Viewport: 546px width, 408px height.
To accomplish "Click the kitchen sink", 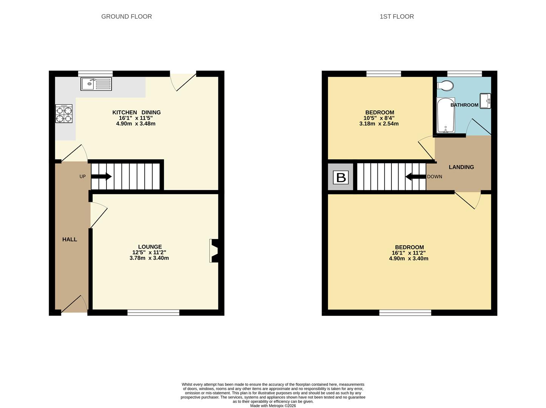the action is click(x=96, y=84).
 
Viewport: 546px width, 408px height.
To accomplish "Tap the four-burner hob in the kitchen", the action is click(x=64, y=114).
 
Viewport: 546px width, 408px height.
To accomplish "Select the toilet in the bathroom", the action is click(x=445, y=86).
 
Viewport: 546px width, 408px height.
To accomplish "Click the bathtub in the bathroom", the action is click(x=446, y=115).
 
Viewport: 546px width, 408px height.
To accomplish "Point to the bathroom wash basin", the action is click(x=485, y=101).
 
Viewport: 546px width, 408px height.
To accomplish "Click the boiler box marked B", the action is click(x=340, y=177).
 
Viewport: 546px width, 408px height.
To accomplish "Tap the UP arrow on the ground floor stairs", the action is click(x=101, y=176).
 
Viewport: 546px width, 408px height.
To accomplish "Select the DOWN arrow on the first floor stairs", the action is click(x=416, y=177).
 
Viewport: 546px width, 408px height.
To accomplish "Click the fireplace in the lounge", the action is click(x=214, y=250).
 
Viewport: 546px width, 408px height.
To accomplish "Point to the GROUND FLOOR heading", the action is click(x=126, y=16).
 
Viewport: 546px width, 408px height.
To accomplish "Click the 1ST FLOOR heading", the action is click(x=397, y=16).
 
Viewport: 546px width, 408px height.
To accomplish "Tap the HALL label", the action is click(x=70, y=240).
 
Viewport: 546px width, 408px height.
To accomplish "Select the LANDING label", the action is click(x=461, y=167).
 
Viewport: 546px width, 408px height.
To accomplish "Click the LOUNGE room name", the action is click(x=150, y=247).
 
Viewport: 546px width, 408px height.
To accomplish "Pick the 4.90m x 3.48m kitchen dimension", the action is click(x=136, y=124).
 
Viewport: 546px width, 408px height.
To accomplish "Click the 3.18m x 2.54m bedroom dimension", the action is click(x=379, y=124).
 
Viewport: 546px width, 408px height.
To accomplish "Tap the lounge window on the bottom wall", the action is click(x=153, y=312).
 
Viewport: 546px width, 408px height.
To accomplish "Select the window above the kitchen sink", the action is click(x=95, y=74).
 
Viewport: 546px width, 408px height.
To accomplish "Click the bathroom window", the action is click(x=465, y=74).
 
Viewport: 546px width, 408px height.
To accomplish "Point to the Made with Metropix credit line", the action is click(x=273, y=406).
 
